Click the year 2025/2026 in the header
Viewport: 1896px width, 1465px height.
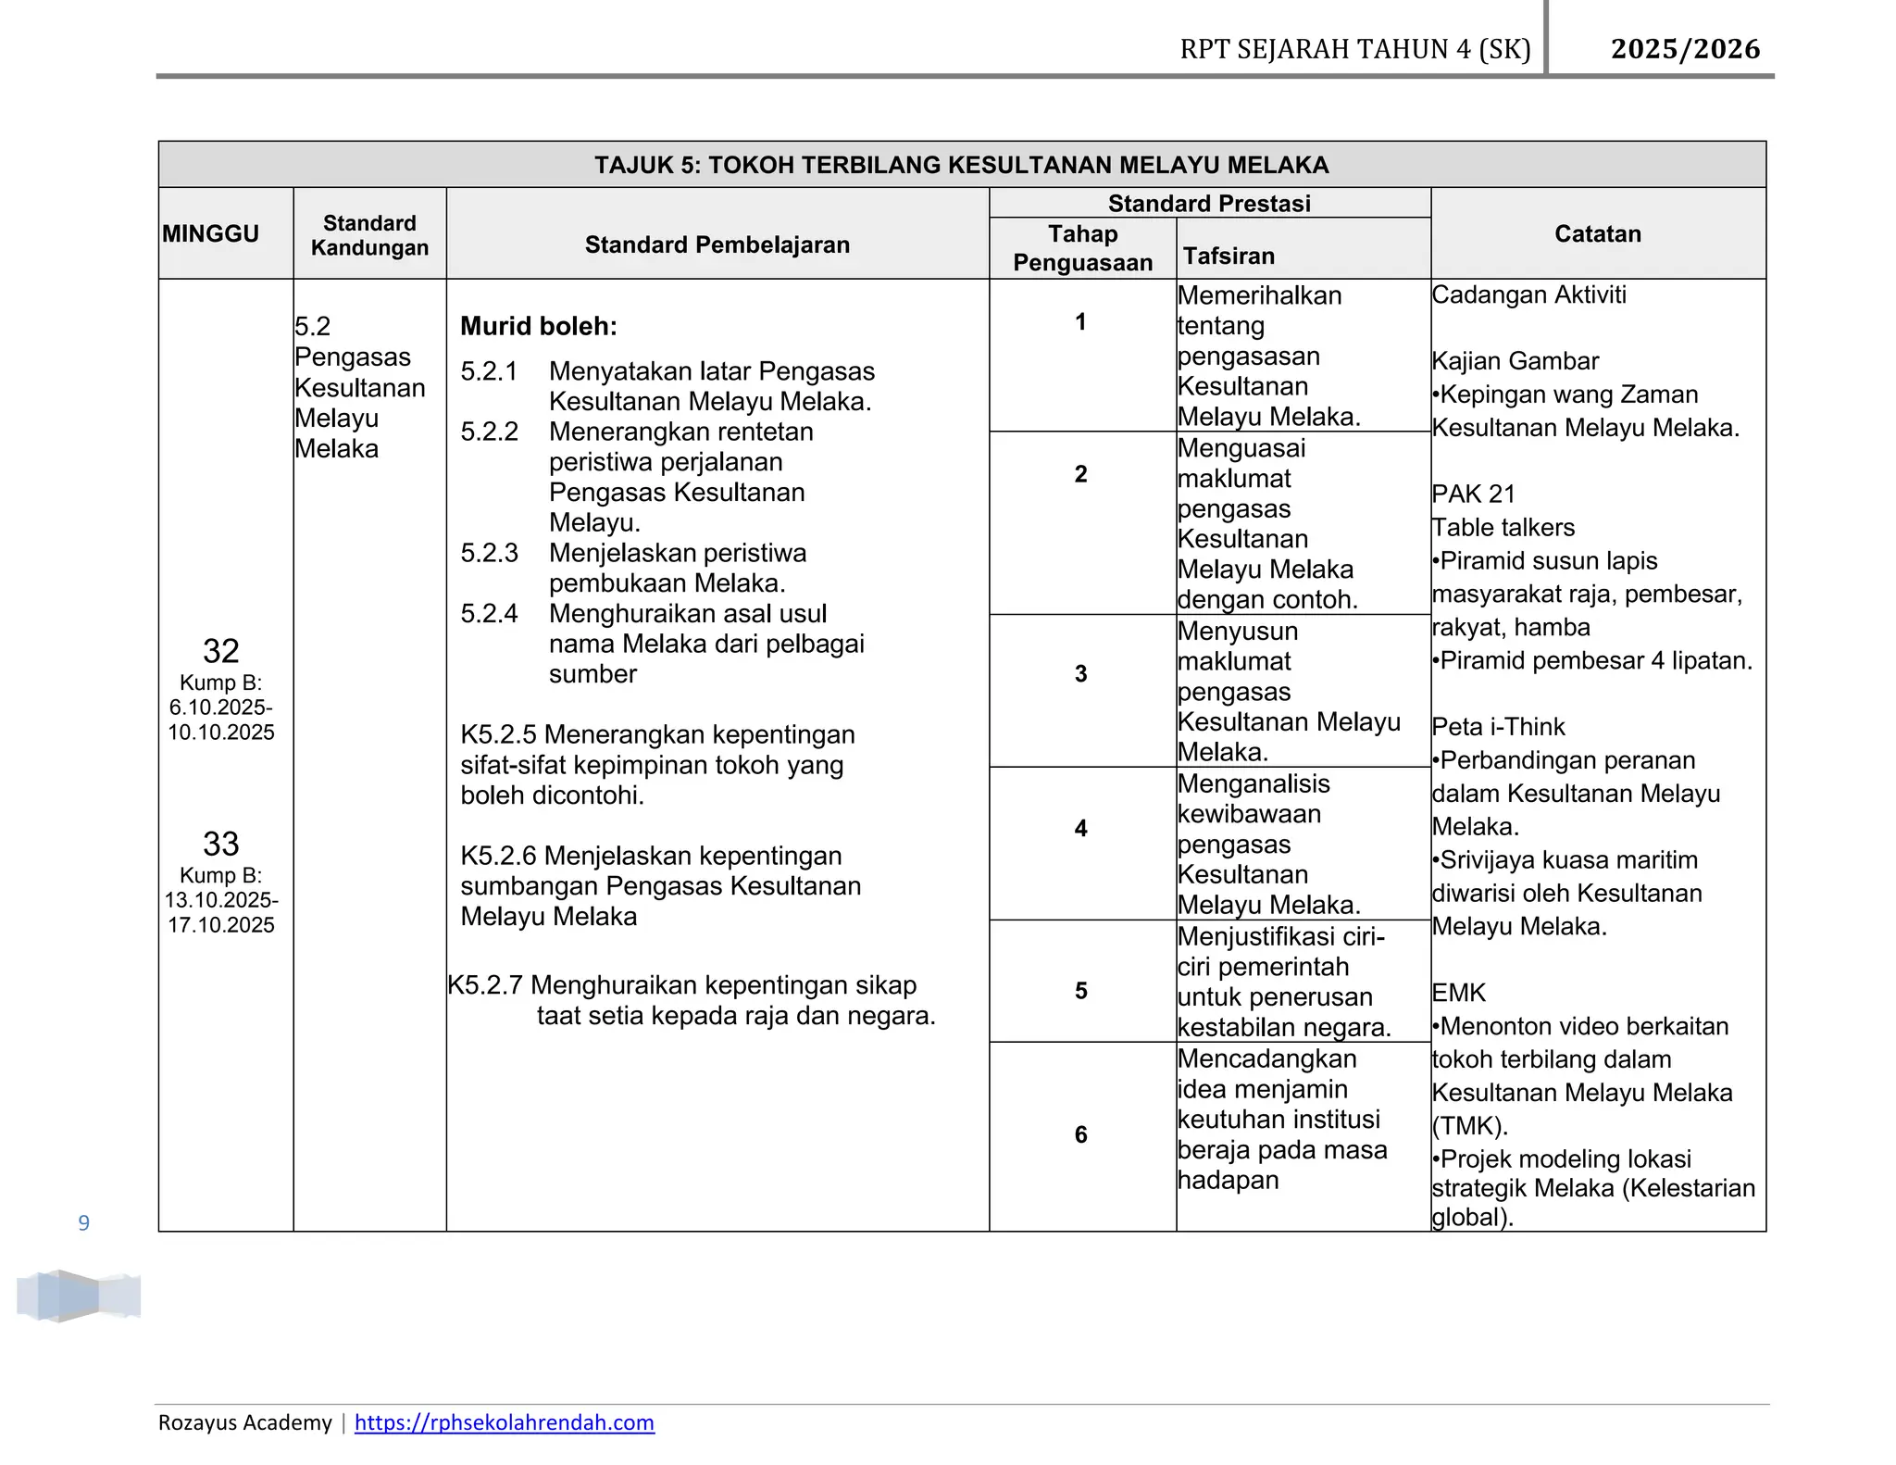(x=1685, y=48)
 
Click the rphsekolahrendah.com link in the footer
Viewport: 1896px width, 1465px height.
(x=504, y=1422)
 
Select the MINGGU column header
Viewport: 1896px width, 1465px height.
(x=210, y=233)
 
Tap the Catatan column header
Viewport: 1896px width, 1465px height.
(x=1597, y=233)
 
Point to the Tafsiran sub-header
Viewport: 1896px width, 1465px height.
(x=1229, y=256)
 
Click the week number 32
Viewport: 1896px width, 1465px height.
(x=220, y=651)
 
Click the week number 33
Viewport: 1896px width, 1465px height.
(x=220, y=844)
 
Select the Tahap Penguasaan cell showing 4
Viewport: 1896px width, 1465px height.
(x=1080, y=828)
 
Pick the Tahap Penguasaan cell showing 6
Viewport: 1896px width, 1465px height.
(x=1080, y=1134)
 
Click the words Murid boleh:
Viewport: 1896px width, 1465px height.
(x=538, y=326)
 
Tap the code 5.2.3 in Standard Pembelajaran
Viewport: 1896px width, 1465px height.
(x=489, y=553)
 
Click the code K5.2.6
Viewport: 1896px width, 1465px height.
(x=498, y=856)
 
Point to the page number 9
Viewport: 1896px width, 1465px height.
(x=84, y=1223)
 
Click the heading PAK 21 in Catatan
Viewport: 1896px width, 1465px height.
(x=1473, y=494)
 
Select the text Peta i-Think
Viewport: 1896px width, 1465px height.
(x=1498, y=727)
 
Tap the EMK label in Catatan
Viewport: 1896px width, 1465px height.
(x=1458, y=993)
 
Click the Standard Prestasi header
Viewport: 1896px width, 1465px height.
(x=1209, y=203)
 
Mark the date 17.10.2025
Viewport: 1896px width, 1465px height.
(x=220, y=925)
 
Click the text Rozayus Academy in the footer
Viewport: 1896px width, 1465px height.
(x=244, y=1422)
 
